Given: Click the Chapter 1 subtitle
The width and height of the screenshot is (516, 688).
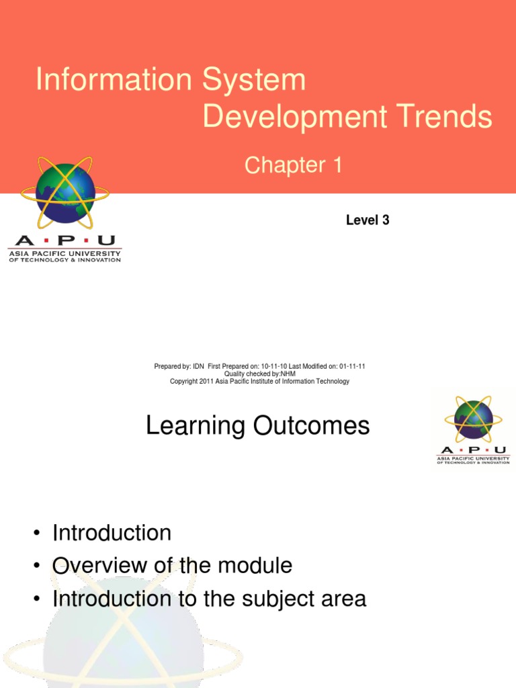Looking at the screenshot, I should (294, 165).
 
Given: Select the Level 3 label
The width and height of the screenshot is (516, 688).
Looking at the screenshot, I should (368, 220).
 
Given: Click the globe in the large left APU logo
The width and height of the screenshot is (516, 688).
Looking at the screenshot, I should (65, 193).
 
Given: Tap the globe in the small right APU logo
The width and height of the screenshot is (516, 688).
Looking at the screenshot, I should (473, 420).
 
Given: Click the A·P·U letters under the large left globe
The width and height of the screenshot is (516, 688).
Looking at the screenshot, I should (64, 241).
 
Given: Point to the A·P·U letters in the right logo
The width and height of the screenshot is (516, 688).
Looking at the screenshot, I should (473, 449).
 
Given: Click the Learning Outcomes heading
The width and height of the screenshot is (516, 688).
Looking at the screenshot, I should (257, 425).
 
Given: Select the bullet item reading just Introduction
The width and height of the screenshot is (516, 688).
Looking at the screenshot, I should (112, 533).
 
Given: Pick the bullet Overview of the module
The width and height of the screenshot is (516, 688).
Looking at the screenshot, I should (172, 565).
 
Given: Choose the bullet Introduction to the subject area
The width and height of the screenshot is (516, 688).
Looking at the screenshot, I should (209, 598).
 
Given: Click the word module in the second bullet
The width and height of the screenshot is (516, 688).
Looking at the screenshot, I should (255, 565).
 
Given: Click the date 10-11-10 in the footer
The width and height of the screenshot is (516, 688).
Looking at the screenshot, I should (273, 366).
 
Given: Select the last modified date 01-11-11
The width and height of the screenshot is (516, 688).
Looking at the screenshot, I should (352, 366).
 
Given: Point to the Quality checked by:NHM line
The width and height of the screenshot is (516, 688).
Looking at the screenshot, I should (259, 374).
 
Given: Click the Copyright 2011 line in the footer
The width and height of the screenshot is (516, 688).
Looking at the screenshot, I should (259, 381).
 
